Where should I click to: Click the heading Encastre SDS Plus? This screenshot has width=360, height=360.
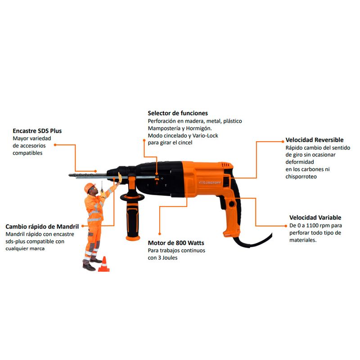click(x=37, y=131)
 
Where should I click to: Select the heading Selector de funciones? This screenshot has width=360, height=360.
click(x=178, y=113)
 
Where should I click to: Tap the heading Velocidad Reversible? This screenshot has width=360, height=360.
click(x=314, y=140)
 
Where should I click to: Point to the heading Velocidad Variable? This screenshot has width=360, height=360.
click(x=315, y=217)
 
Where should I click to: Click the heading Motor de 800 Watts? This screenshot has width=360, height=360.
click(x=176, y=243)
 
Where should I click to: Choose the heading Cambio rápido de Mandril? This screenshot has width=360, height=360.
click(x=42, y=227)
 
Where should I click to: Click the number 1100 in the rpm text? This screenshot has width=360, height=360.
click(x=313, y=225)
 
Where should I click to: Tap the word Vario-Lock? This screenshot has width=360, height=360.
click(x=205, y=135)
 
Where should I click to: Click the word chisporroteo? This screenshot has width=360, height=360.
click(x=301, y=176)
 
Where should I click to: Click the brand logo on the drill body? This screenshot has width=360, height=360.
click(x=210, y=183)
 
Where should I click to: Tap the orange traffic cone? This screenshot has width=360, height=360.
click(x=104, y=264)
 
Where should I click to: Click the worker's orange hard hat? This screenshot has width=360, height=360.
click(x=89, y=187)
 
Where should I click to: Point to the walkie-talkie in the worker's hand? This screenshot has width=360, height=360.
click(x=102, y=188)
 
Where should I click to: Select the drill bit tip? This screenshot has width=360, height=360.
click(x=69, y=175)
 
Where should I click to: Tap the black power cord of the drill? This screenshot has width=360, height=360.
click(x=252, y=242)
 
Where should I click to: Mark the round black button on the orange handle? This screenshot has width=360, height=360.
click(x=231, y=203)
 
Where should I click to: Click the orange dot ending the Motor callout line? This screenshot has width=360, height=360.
click(x=160, y=234)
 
